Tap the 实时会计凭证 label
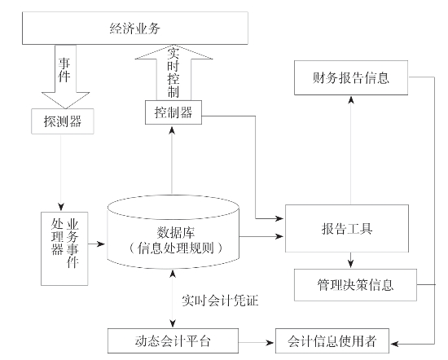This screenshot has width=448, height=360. click(220, 301)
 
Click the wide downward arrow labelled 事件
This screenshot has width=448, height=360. click(66, 77)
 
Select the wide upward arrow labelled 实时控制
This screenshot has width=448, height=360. click(173, 72)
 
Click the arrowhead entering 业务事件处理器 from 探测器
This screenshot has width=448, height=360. click(61, 206)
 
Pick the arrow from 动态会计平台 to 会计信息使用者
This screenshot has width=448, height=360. click(257, 342)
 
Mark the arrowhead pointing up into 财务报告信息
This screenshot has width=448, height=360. click(351, 99)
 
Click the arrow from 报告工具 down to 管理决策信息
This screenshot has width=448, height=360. click(351, 261)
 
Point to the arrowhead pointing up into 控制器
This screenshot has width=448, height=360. click(172, 130)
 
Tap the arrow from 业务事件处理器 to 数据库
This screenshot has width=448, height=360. click(97, 244)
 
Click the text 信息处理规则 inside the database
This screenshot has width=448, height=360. click(175, 248)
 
